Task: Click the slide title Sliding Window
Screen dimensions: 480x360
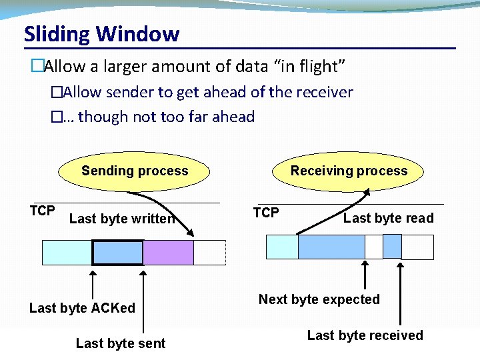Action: coord(101,34)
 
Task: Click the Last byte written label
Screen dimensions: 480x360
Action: coord(121,219)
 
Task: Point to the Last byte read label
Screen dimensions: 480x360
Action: coord(388,218)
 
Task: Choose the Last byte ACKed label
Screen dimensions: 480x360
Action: coord(82,308)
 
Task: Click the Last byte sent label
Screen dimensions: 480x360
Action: coord(121,343)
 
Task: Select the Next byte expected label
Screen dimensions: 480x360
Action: coord(319,299)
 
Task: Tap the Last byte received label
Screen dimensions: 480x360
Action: coord(365,335)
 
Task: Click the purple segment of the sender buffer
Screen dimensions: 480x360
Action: coord(168,253)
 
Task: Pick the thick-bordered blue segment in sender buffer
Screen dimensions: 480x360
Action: coord(117,253)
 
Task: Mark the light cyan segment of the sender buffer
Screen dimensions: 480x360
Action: coord(67,253)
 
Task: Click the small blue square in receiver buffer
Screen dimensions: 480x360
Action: coord(392,247)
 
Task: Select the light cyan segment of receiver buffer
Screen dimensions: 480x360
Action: coord(282,247)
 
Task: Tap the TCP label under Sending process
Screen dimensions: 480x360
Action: coord(42,211)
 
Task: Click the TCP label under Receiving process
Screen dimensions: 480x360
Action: coord(266,213)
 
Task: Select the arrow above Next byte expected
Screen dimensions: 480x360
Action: coord(365,277)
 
